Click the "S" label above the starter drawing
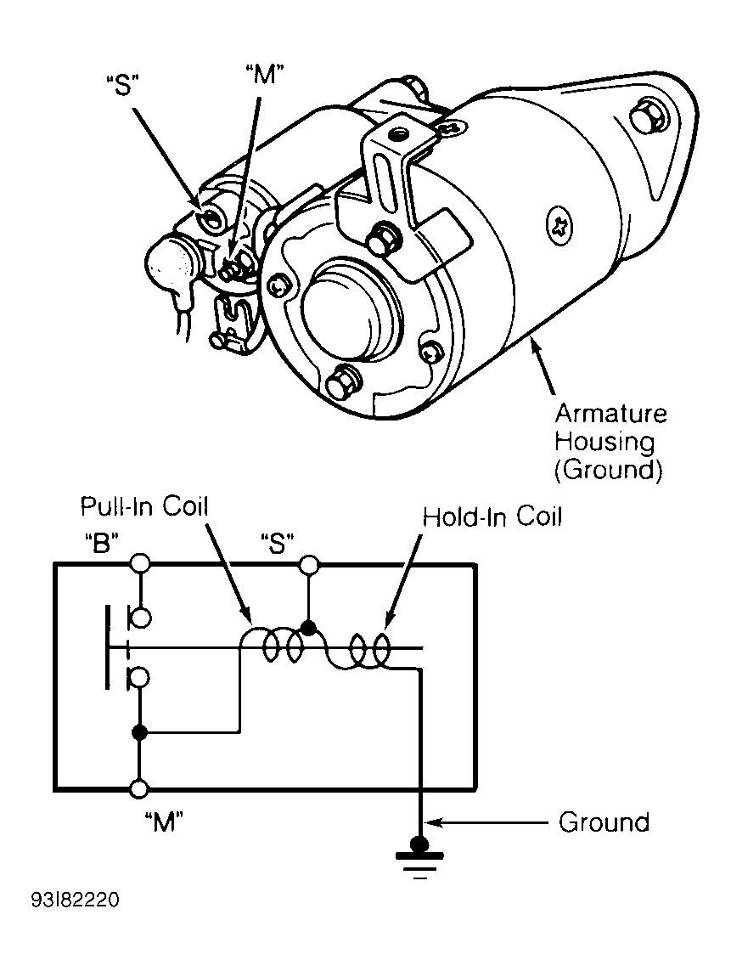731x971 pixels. coord(125,86)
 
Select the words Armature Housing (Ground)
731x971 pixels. coord(610,442)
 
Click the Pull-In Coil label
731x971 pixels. coord(145,506)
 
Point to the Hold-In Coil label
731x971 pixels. coord(492,517)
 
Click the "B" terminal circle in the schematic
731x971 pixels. coord(140,563)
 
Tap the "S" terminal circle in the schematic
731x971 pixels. coord(309,563)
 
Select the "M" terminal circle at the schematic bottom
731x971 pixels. coord(140,789)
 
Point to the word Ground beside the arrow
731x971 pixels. coord(604,822)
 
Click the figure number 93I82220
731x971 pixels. coord(75,900)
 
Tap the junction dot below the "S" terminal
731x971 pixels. coord(309,628)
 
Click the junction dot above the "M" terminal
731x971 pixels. coord(140,732)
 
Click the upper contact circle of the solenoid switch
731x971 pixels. coord(139,618)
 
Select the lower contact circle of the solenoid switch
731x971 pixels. coord(139,678)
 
